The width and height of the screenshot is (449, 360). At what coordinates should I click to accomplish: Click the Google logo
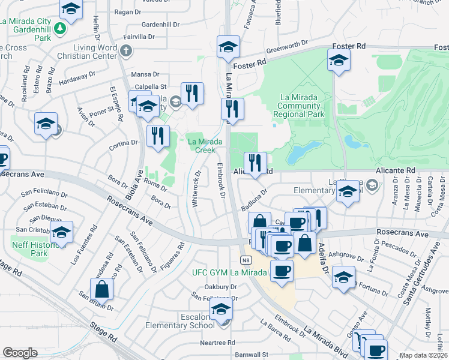(20, 353)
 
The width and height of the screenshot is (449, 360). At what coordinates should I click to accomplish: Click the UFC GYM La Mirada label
(229, 272)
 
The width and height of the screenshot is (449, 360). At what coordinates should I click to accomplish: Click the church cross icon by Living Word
(125, 52)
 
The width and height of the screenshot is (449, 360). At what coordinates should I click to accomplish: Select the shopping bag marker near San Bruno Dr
(102, 289)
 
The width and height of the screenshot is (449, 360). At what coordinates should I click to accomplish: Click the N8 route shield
(246, 260)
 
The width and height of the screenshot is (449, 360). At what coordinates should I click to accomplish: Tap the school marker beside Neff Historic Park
(62, 232)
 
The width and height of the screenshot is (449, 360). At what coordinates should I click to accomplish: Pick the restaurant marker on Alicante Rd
(255, 163)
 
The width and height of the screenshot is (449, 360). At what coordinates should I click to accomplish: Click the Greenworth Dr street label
(287, 47)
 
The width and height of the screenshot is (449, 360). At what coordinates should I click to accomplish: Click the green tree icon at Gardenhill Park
(59, 28)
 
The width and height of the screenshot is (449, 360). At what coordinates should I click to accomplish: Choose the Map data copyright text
(423, 355)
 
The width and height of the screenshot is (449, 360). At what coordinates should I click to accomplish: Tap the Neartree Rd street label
(217, 343)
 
